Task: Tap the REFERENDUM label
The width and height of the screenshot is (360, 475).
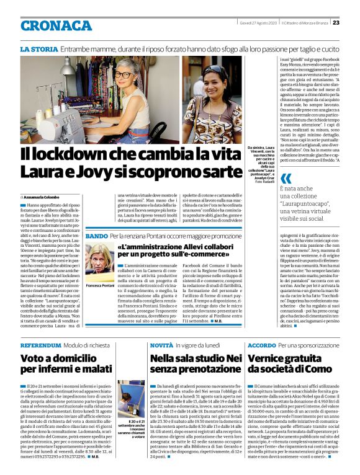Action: click(41, 345)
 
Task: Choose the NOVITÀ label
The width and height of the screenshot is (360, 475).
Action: click(161, 345)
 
